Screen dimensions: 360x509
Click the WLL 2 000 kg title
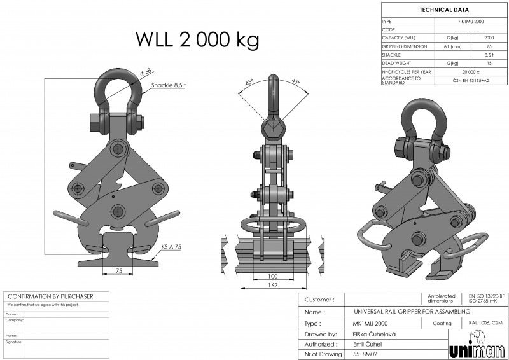point(197,39)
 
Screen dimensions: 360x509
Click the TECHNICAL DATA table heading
point(443,10)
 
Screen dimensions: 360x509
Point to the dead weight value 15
point(489,63)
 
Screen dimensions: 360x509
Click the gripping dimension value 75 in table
point(489,46)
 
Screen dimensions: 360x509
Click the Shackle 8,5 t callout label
point(167,85)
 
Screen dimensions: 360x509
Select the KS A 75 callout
point(171,246)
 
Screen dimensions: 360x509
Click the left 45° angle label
point(249,82)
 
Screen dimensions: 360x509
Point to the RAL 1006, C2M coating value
point(485,323)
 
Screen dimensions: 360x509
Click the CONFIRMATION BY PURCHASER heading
point(50,296)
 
